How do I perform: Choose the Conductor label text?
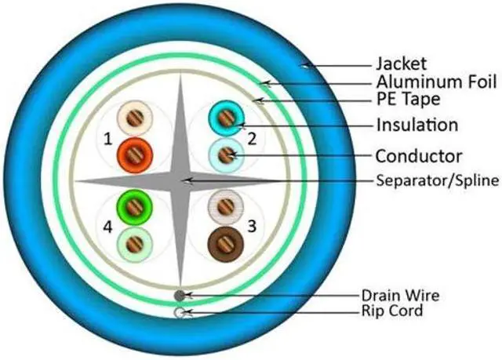click(x=418, y=155)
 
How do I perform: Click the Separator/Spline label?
click(x=437, y=180)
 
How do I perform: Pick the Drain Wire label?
click(x=400, y=296)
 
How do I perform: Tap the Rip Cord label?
click(x=392, y=311)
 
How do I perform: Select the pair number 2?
click(x=252, y=139)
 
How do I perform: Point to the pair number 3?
click(x=252, y=227)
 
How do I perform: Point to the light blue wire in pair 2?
click(x=225, y=154)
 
